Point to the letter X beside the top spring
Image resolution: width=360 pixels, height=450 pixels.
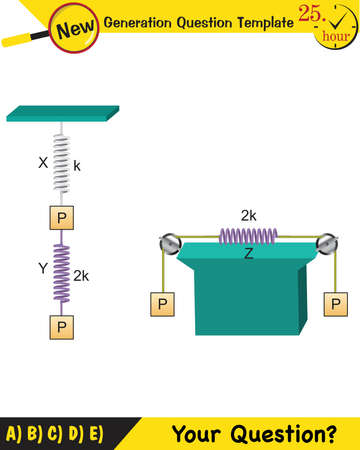(42, 160)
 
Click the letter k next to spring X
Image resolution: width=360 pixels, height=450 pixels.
(78, 164)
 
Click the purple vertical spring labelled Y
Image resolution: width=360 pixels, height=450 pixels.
(61, 272)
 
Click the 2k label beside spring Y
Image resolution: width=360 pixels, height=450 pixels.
(82, 273)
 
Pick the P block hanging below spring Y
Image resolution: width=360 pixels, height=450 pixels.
(61, 326)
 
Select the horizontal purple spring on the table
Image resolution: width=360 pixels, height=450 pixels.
(248, 236)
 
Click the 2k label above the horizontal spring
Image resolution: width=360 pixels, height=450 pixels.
(249, 216)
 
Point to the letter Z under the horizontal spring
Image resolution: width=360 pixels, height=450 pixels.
(247, 254)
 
